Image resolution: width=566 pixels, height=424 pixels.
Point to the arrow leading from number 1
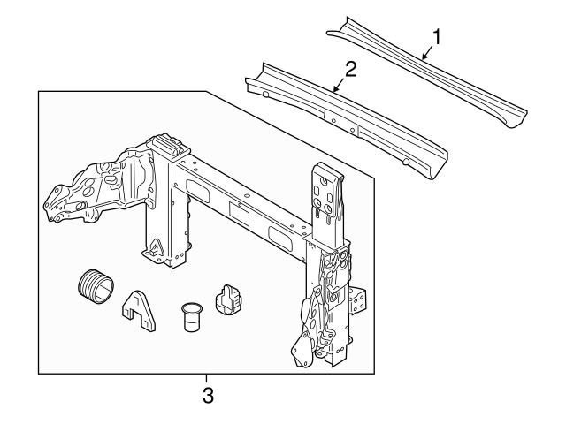point(425,54)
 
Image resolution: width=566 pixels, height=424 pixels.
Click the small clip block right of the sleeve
point(229,299)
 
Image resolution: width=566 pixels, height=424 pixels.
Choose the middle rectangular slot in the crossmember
point(239,212)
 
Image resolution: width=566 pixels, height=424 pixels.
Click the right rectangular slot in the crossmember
point(279,235)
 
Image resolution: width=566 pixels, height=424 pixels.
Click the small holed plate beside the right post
point(357,300)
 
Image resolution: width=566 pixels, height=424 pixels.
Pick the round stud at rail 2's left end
point(265,94)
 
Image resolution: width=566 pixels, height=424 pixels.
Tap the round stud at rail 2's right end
point(405,162)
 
